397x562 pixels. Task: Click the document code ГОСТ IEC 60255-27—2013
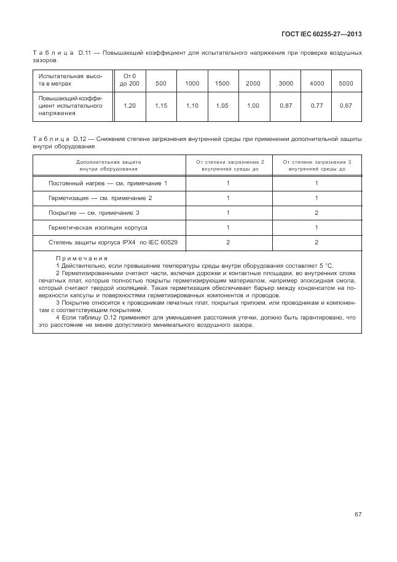click(x=321, y=34)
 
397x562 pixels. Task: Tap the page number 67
click(x=358, y=515)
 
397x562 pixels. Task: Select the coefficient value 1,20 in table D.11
click(x=130, y=106)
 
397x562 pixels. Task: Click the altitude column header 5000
click(x=346, y=83)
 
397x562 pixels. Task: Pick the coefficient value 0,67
click(x=346, y=106)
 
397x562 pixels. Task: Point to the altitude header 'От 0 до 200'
click(x=130, y=79)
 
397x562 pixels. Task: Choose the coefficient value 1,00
click(x=253, y=106)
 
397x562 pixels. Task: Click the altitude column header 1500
click(x=222, y=83)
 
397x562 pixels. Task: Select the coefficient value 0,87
click(x=285, y=106)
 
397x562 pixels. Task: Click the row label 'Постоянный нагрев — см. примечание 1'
click(x=108, y=183)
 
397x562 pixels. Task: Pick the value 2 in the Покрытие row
click(x=316, y=213)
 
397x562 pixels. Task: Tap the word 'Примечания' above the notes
click(x=82, y=259)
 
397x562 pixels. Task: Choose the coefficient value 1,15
click(x=161, y=106)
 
